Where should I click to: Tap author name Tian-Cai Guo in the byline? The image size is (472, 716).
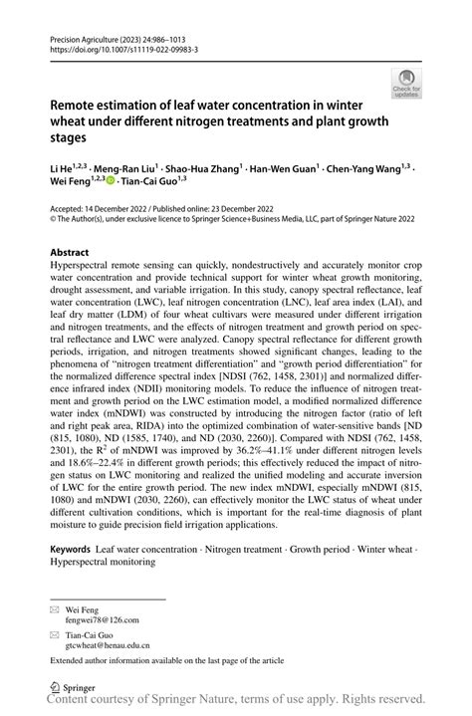[153, 181]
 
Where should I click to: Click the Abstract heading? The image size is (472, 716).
[71, 253]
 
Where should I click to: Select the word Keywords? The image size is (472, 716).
[71, 550]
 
